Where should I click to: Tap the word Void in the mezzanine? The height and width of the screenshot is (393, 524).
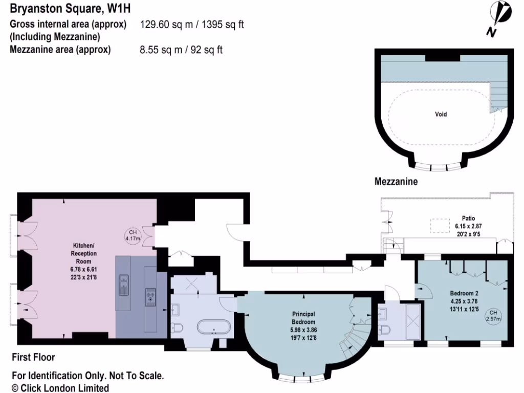[441, 114]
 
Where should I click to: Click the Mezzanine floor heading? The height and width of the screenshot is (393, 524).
[396, 181]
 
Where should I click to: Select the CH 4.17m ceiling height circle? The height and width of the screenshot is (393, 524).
[133, 235]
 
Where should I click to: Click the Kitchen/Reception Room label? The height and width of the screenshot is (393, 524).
[84, 257]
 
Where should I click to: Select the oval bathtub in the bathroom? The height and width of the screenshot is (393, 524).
[213, 325]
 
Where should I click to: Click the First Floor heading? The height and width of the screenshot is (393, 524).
[33, 357]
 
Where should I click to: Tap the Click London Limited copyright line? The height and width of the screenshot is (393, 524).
[60, 388]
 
